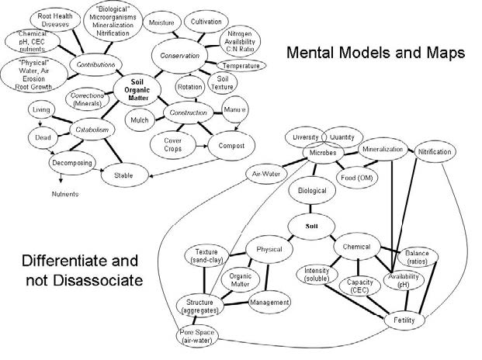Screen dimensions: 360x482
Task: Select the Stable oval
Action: click(124, 175)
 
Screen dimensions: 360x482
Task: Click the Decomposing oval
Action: click(72, 164)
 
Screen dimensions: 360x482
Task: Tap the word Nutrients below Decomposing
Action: click(64, 193)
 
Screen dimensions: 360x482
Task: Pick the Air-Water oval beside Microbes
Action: click(264, 174)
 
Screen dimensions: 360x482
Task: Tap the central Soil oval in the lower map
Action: click(311, 225)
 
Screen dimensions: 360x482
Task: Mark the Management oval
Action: click(269, 302)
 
